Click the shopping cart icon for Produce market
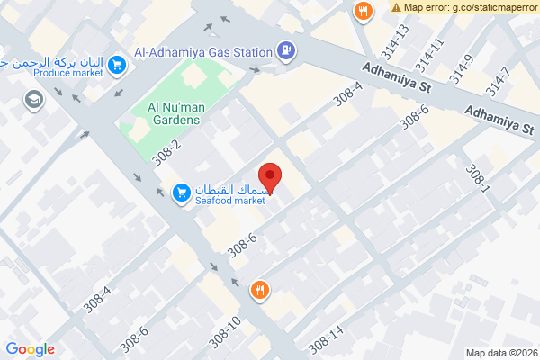point(116,65)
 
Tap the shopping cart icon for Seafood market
point(180,193)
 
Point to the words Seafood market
point(230,201)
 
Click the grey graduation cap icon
point(34,100)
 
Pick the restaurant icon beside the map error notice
point(363,12)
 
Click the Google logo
point(30,349)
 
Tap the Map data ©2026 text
point(500,352)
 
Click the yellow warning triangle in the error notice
point(396,7)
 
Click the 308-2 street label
point(166,151)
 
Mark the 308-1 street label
point(477,179)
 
